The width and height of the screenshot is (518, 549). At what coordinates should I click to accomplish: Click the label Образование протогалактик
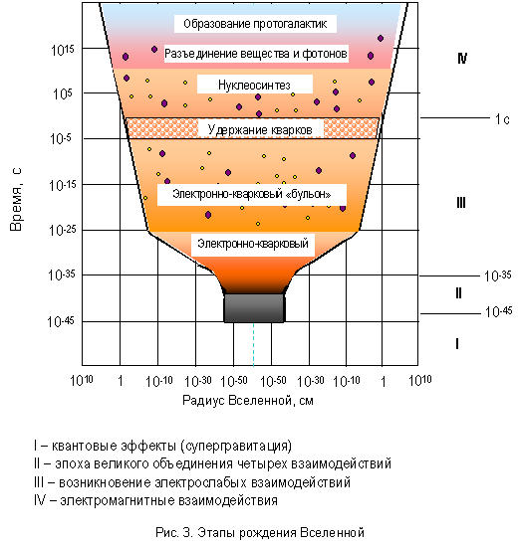pos(255,24)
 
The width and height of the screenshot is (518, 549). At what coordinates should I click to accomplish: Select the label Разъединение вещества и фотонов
pos(256,54)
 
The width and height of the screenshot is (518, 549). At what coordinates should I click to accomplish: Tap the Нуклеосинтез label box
pos(255,85)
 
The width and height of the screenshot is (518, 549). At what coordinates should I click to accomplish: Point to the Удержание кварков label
pos(260,129)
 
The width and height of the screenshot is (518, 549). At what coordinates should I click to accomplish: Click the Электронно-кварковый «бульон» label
pos(252,194)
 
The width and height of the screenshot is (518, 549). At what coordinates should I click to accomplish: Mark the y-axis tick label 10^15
pos(63,50)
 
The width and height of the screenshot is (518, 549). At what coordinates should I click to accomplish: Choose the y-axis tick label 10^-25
pos(62,230)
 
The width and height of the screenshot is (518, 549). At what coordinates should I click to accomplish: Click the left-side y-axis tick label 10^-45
pos(61,321)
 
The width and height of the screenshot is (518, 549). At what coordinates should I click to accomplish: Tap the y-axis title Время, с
pos(16,199)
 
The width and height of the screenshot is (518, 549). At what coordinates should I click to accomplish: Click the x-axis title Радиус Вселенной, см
pos(248,400)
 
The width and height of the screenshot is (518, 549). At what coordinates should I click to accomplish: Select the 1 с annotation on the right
pos(502,119)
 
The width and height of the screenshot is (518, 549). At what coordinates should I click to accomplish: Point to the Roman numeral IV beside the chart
pos(462,58)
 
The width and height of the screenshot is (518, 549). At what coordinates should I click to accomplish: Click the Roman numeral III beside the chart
pos(461,202)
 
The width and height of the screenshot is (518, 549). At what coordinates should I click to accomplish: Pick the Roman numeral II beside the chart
pos(458,292)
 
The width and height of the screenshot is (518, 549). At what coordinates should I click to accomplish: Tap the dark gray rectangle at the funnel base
pos(254,307)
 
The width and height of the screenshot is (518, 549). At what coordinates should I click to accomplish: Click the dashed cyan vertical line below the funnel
pos(254,344)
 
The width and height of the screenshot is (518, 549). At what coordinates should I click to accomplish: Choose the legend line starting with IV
pos(155,500)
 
